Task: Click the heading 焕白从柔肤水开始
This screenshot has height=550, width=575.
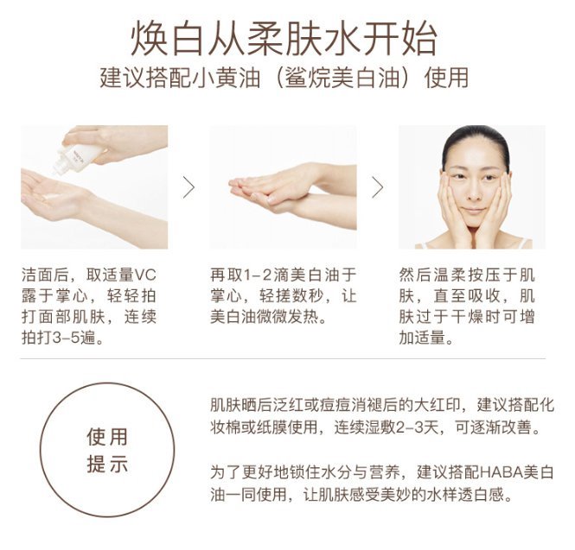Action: (x=284, y=39)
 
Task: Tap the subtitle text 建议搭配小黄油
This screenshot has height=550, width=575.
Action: (x=180, y=78)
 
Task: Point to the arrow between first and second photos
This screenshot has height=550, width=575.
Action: (x=188, y=187)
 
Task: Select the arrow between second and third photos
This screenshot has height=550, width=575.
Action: (x=378, y=187)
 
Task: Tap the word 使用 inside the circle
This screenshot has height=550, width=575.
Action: (x=107, y=437)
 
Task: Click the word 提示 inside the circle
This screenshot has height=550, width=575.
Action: (x=107, y=464)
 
